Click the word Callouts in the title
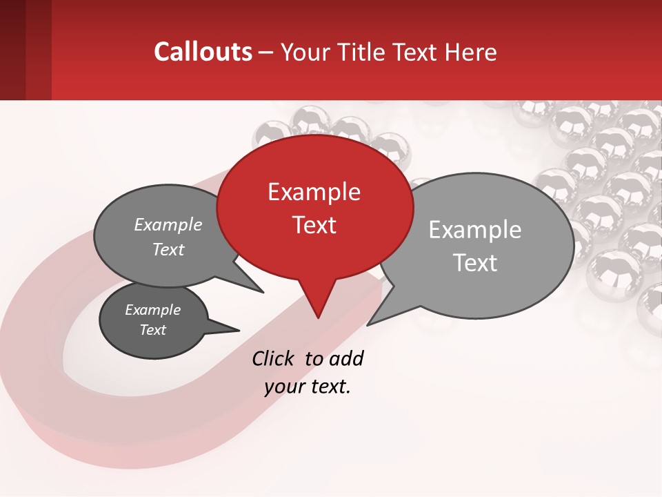(x=203, y=52)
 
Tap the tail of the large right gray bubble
(x=383, y=311)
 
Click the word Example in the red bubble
(x=314, y=192)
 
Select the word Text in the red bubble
(x=314, y=225)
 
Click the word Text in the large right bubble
(x=475, y=263)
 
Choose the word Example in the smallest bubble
(x=153, y=310)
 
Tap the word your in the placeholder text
(x=283, y=387)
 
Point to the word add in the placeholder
(x=345, y=358)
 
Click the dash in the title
(x=267, y=52)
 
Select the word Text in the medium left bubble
(x=168, y=249)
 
